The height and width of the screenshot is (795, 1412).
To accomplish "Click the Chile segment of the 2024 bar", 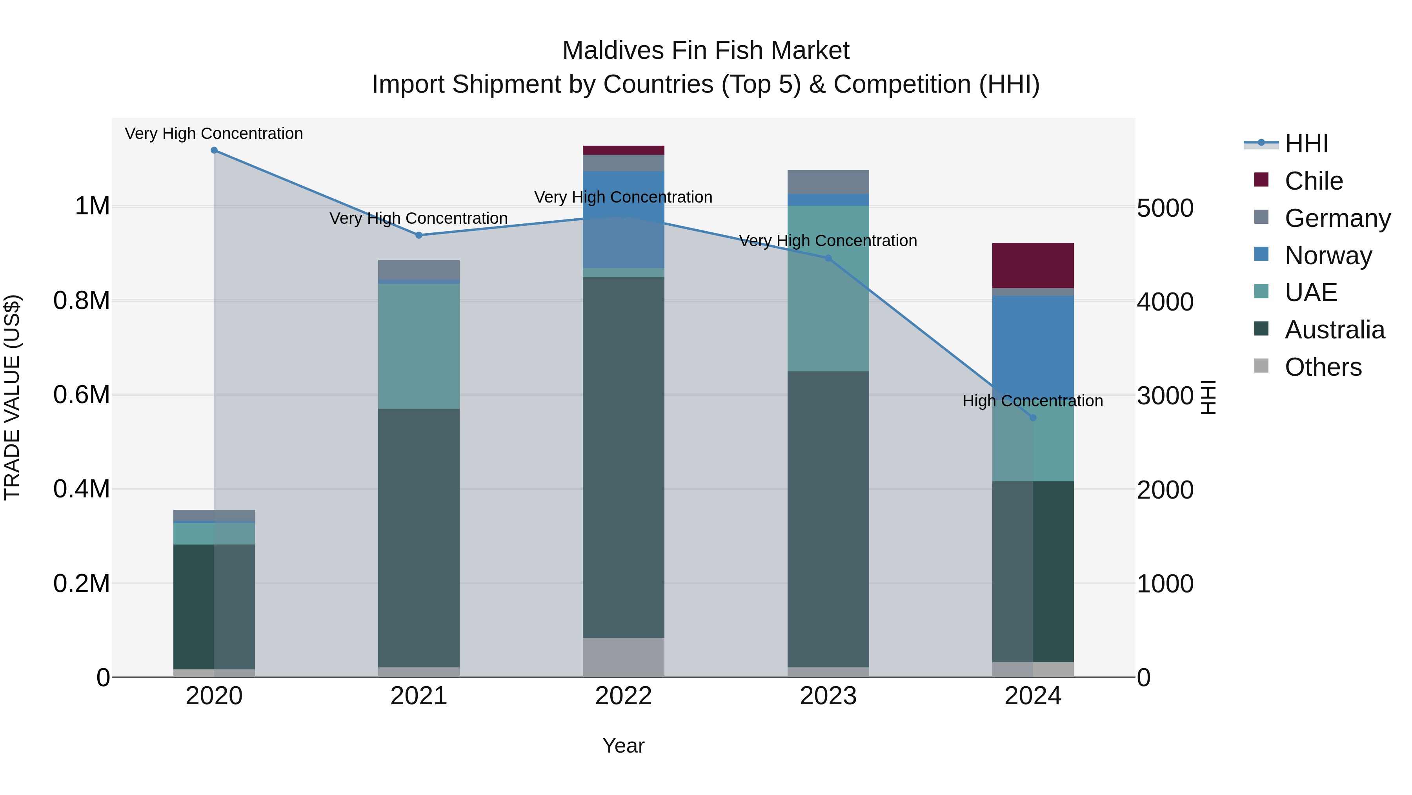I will click(x=1033, y=265).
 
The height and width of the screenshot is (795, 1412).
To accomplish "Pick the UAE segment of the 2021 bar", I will click(x=419, y=345).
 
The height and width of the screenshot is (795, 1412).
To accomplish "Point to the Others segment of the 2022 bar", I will click(x=623, y=657).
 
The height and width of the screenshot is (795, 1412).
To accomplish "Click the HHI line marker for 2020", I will click(x=214, y=150).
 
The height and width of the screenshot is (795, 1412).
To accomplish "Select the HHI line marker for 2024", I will click(x=1033, y=418).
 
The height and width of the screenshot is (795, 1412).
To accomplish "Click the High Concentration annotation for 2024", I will click(x=1033, y=401).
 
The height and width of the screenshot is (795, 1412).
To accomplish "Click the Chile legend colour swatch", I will click(x=1261, y=180).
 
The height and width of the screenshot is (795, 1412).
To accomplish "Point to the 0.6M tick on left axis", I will click(x=81, y=395).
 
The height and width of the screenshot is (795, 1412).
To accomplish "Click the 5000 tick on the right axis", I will click(x=1165, y=208).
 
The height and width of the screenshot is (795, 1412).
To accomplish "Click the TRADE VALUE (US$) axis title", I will click(x=13, y=397).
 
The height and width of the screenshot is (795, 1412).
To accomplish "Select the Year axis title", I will click(x=623, y=746).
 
